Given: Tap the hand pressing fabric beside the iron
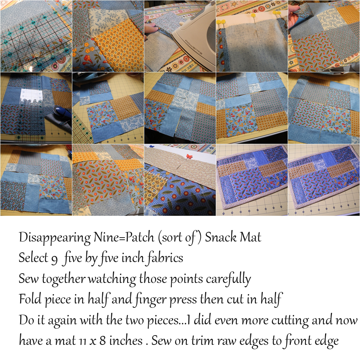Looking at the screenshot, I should [x=150, y=26].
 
